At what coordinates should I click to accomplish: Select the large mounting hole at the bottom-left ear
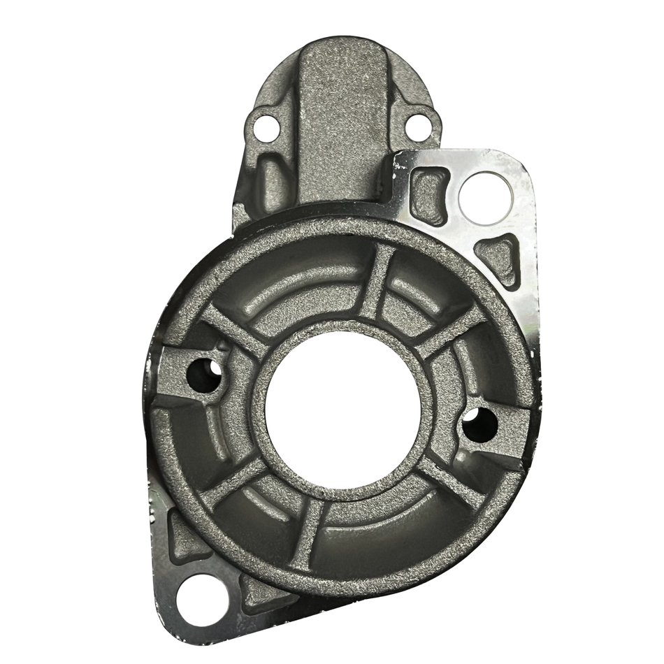[199, 598]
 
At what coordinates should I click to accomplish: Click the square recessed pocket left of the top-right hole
[428, 189]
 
